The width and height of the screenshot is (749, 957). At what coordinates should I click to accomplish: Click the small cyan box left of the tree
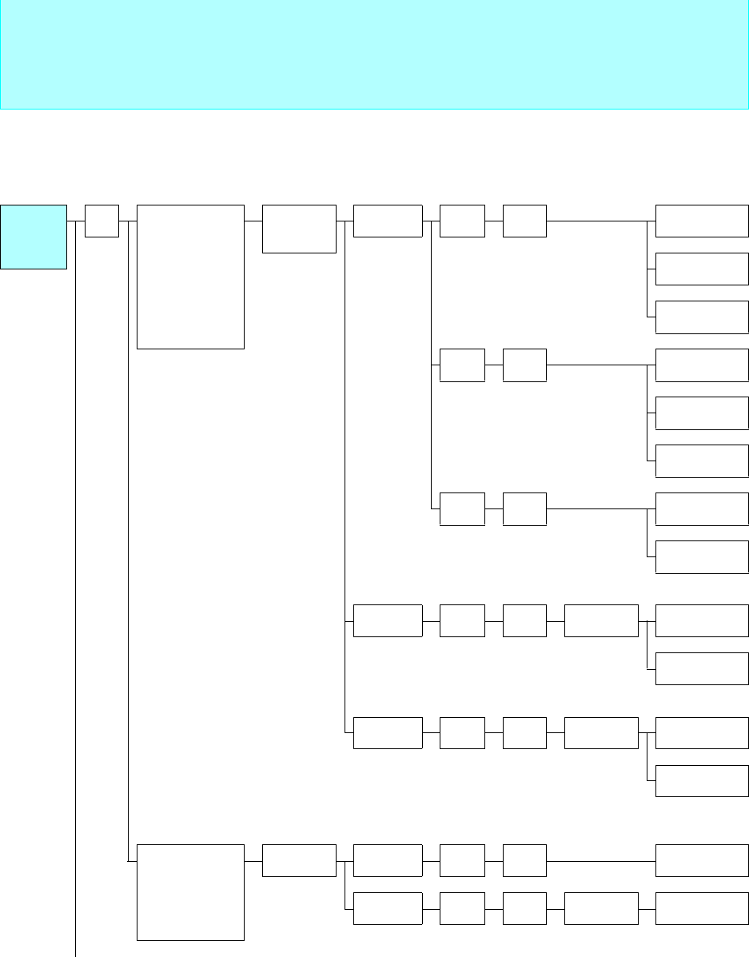pos(34,236)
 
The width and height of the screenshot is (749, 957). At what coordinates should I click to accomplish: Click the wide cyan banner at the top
pos(373,54)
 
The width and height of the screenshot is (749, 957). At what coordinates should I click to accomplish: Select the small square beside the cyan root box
pos(102,221)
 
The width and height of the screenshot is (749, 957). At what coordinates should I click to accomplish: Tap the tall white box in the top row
pos(190,277)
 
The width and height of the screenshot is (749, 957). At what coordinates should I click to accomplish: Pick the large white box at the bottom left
pos(190,891)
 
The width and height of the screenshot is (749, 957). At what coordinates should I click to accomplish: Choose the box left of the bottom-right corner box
pos(601,908)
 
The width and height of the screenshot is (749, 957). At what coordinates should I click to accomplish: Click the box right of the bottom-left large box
pos(299,860)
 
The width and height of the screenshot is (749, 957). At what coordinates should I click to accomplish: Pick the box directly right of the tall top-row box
pos(299,229)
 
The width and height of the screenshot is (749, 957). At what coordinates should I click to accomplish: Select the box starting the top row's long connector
pos(525,221)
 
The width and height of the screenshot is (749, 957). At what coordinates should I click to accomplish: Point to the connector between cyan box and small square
pos(76,221)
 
